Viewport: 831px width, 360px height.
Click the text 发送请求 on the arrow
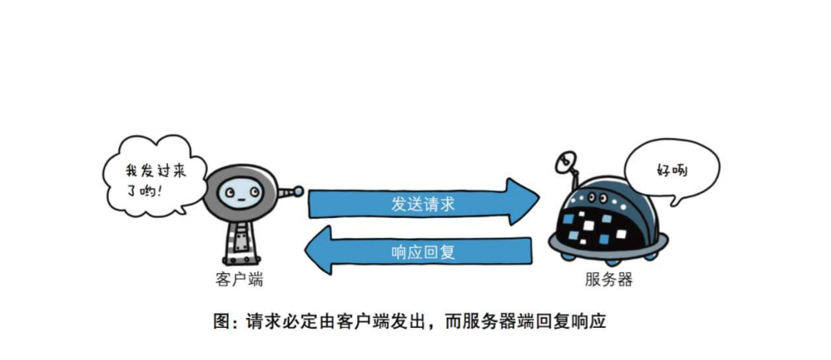click(423, 204)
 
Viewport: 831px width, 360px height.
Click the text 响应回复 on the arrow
click(423, 251)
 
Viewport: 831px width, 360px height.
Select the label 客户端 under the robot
click(239, 280)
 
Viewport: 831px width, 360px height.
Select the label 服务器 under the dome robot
click(609, 280)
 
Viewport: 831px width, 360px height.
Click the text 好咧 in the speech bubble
click(672, 169)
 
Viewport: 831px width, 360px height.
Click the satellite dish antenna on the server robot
click(567, 162)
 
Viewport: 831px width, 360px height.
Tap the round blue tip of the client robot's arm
click(298, 191)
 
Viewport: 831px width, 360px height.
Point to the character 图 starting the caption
click(221, 321)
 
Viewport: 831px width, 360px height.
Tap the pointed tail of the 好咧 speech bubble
click(674, 204)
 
